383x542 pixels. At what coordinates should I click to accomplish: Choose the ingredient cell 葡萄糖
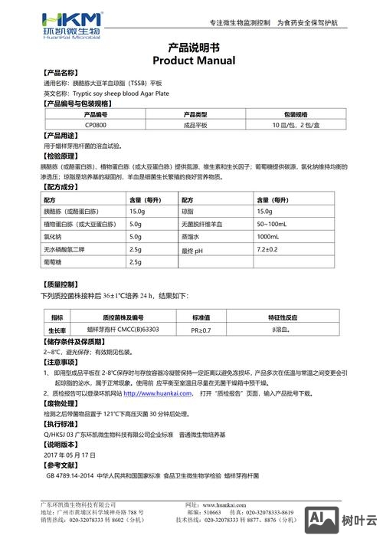(x=53, y=263)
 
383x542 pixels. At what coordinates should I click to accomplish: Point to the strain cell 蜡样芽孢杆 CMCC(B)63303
(x=118, y=329)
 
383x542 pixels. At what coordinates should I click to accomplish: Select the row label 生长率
(x=57, y=329)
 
